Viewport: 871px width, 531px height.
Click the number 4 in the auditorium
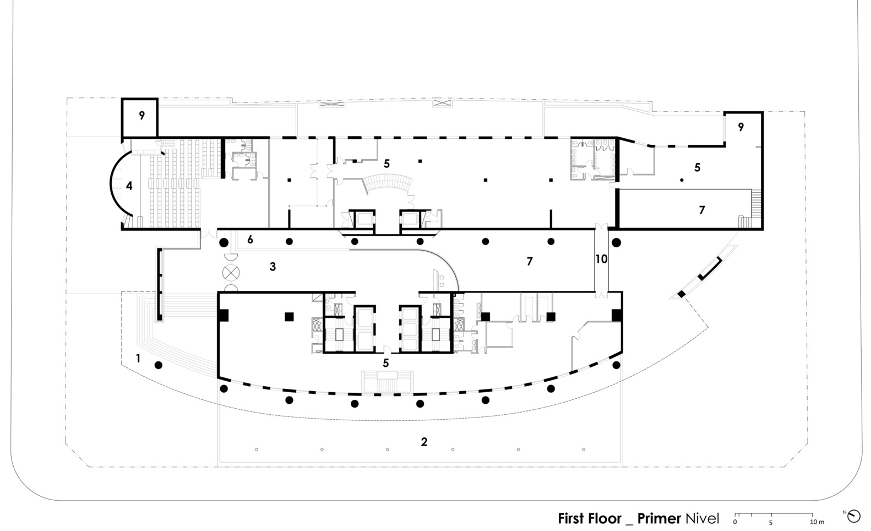[129, 186]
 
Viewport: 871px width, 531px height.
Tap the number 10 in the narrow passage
[601, 259]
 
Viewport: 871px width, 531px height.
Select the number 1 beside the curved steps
[138, 358]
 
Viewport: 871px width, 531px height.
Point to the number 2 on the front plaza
[424, 442]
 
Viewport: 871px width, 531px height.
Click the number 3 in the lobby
[273, 267]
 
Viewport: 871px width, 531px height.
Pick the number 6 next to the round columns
[250, 240]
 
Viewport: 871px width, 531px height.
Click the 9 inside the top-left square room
[141, 116]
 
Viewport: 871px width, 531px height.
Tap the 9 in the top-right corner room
[741, 127]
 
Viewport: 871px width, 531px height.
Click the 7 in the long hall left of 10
[529, 262]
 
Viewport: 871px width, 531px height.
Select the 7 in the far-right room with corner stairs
[701, 210]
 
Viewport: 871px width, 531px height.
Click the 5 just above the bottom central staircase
[385, 363]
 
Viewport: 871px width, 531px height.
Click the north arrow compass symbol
[853, 516]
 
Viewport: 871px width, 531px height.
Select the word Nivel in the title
[702, 518]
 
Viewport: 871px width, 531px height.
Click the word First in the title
[571, 518]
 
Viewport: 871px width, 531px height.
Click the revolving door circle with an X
[231, 273]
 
